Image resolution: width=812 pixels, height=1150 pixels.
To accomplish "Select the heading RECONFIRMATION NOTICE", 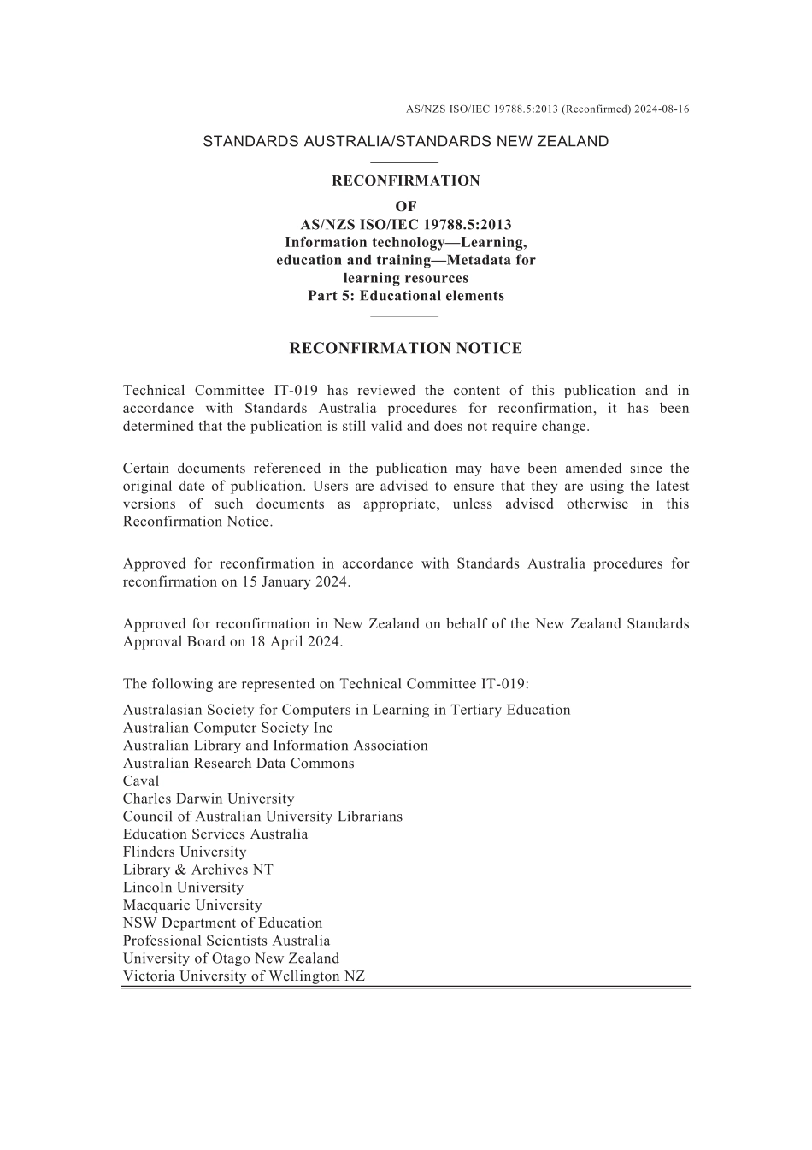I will click(406, 348).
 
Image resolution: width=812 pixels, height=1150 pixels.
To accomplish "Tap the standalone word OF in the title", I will click(406, 206).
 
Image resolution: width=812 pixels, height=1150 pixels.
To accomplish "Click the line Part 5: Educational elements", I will click(406, 296).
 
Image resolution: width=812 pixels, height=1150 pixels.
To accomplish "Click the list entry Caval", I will click(141, 781).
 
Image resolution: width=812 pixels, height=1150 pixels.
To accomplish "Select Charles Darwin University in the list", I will click(209, 799).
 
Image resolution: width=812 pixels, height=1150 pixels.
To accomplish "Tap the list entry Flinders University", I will click(185, 852).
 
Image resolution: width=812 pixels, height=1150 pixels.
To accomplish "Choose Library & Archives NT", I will click(198, 870).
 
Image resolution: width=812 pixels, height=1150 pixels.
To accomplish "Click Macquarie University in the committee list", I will click(192, 905).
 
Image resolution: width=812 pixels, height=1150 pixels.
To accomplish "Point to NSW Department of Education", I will click(223, 923).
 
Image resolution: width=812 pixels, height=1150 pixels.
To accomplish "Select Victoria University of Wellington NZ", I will click(244, 976).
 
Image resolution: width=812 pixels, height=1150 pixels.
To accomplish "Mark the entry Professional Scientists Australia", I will click(227, 941).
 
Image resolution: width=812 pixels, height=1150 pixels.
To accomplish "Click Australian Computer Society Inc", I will click(228, 728).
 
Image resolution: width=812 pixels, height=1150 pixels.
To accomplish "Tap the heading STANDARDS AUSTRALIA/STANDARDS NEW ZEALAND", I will click(406, 142).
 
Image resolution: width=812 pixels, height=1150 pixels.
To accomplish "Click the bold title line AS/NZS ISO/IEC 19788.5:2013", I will click(406, 225).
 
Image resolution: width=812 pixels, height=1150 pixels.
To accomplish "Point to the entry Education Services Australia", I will click(215, 834).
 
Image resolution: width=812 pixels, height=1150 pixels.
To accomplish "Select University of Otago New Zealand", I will click(231, 958).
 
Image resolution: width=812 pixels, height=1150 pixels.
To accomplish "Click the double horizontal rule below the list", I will click(406, 988).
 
